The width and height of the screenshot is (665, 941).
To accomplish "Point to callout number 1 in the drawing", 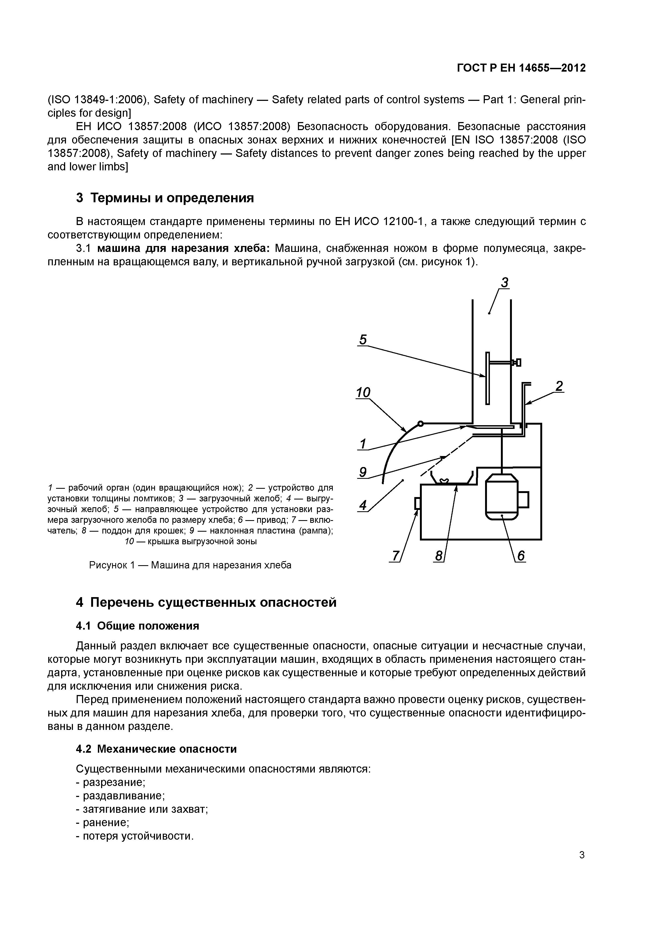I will (363, 444).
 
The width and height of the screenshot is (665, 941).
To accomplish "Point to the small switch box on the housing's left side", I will (418, 503).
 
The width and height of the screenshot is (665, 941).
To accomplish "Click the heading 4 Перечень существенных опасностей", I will (206, 602).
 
